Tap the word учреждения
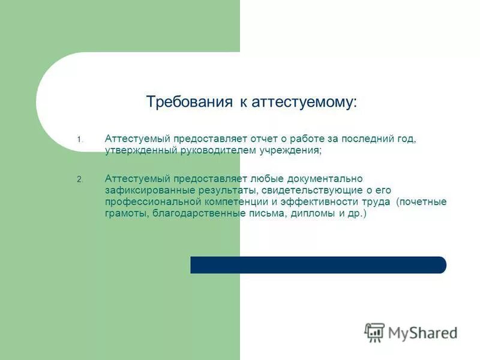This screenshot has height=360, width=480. point(294,151)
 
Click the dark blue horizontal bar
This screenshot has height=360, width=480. point(318,265)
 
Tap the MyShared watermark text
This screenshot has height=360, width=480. point(423,332)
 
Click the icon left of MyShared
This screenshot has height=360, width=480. point(374,332)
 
